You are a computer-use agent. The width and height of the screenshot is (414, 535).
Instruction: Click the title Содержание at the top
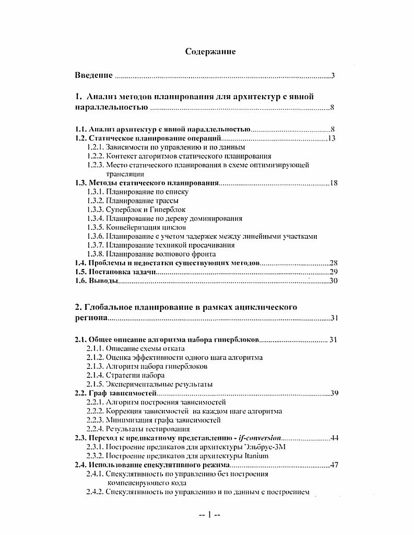(x=210, y=51)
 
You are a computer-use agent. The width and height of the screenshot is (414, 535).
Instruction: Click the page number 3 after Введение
(x=333, y=76)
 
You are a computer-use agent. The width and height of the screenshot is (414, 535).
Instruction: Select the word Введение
(x=94, y=76)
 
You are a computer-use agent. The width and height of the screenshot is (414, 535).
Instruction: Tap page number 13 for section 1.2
(x=330, y=138)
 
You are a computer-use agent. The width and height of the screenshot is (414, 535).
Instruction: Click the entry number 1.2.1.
(x=96, y=147)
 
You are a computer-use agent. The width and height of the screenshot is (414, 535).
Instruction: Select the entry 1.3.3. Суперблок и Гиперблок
(x=136, y=210)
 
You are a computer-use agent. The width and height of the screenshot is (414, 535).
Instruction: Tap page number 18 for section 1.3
(x=334, y=183)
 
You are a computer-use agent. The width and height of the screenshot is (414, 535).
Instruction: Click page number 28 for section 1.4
(x=334, y=263)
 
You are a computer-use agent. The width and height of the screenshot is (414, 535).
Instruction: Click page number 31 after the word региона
(x=335, y=318)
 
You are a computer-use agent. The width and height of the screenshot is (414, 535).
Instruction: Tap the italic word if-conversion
(x=259, y=438)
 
